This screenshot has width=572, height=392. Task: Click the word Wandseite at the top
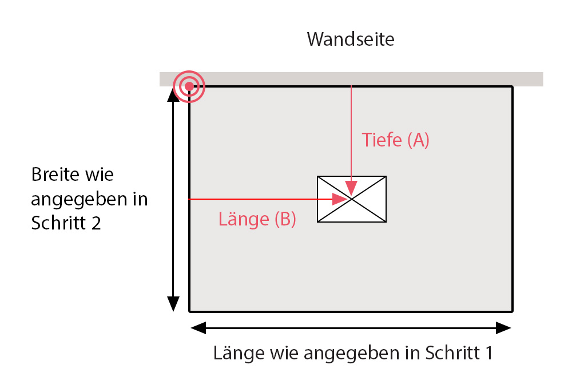[351, 39]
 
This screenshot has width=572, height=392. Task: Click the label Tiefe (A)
[395, 140]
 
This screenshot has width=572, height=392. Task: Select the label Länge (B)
[257, 219]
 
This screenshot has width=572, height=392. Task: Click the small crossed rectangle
[352, 199]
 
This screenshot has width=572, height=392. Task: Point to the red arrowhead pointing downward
[351, 188]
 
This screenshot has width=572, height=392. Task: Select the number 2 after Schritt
[96, 223]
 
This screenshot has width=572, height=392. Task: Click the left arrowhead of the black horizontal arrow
[198, 328]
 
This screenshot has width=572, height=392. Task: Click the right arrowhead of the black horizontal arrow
[503, 328]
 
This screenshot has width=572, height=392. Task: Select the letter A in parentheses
[418, 140]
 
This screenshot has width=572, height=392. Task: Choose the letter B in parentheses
[284, 219]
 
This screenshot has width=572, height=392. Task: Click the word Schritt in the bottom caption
[453, 353]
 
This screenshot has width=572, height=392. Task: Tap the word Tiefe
[382, 140]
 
